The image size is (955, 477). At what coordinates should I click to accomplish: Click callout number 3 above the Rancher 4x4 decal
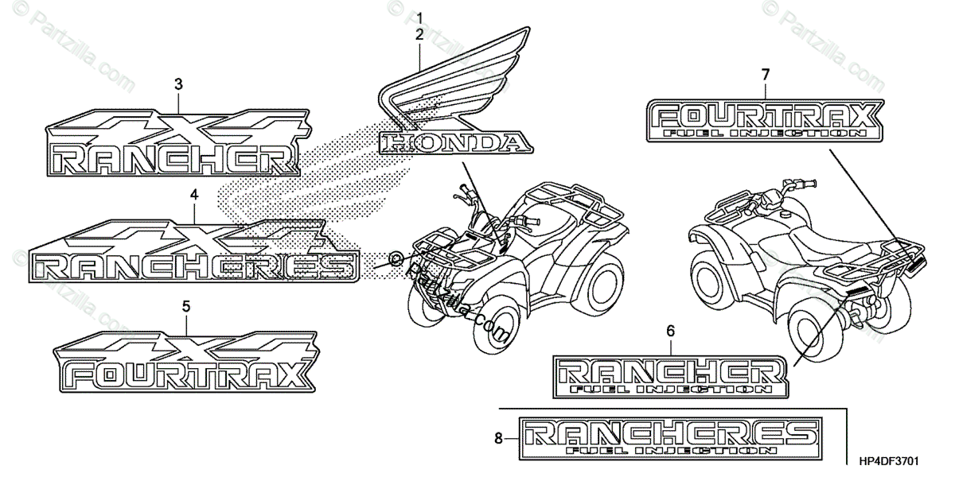(x=178, y=83)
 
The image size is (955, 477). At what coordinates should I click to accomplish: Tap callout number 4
(x=194, y=194)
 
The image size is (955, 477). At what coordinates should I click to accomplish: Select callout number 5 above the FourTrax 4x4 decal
(x=186, y=305)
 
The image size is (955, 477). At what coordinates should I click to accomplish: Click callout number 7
(x=766, y=75)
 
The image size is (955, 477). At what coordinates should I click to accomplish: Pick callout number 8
(x=499, y=436)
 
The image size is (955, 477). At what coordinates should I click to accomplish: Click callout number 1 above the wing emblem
(x=419, y=17)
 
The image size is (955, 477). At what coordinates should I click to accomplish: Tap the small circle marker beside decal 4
(x=396, y=258)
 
